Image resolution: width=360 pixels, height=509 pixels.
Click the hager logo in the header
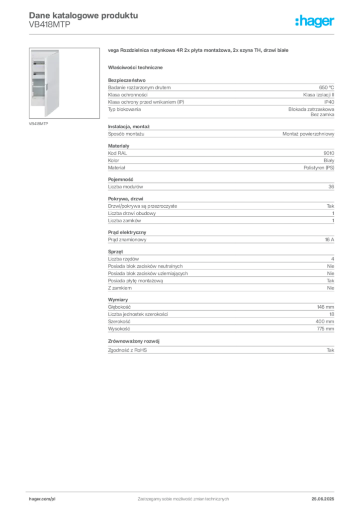(x=314, y=21)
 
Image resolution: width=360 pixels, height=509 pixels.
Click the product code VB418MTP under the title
(x=49, y=25)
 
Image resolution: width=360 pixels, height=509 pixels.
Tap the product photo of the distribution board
(x=64, y=83)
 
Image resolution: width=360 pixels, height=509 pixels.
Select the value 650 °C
(x=326, y=87)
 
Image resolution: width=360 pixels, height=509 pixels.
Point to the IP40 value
(x=329, y=102)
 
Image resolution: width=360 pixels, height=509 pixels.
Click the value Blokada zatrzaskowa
(x=311, y=109)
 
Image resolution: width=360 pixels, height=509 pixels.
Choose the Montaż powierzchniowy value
(x=308, y=134)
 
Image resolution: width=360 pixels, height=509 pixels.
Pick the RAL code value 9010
(x=329, y=153)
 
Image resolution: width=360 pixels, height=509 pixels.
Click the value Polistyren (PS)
(x=318, y=168)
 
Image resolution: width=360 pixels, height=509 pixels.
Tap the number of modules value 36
(x=331, y=187)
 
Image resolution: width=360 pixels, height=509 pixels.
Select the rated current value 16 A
(x=329, y=240)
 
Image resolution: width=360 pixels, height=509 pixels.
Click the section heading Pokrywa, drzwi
(x=125, y=199)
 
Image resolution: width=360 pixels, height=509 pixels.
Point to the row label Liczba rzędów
(x=123, y=258)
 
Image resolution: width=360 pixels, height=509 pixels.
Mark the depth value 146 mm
(x=325, y=307)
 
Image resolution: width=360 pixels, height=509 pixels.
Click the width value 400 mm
(x=325, y=322)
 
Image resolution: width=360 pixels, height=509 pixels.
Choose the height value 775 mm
(x=325, y=329)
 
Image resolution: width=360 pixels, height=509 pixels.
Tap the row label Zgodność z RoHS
(x=127, y=350)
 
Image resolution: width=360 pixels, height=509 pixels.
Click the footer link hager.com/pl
(x=42, y=499)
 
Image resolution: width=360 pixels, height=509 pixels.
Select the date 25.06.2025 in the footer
(x=323, y=499)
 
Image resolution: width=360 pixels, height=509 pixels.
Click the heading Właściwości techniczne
(x=135, y=68)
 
